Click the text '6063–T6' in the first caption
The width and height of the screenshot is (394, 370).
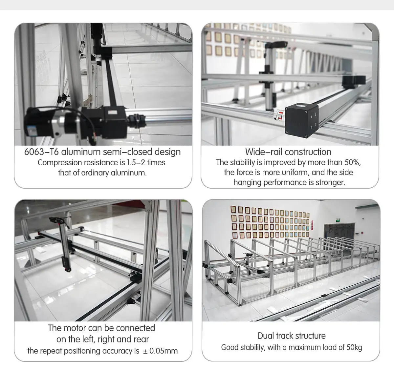41,152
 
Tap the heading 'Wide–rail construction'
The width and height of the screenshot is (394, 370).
288,152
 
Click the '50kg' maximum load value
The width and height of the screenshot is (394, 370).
354,347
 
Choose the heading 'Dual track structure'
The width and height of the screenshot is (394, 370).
291,336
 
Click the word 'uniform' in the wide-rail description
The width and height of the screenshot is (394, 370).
295,173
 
